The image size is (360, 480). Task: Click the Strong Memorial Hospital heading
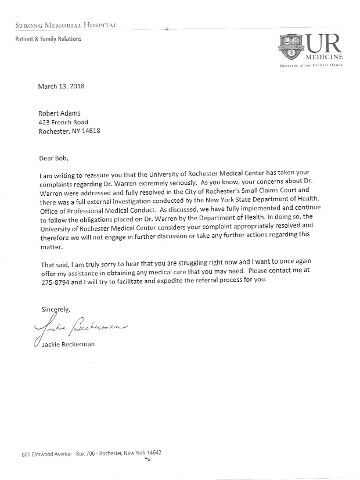[x=63, y=25]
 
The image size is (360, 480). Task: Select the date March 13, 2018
[x=61, y=87]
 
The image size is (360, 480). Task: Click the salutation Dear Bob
[x=55, y=158]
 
